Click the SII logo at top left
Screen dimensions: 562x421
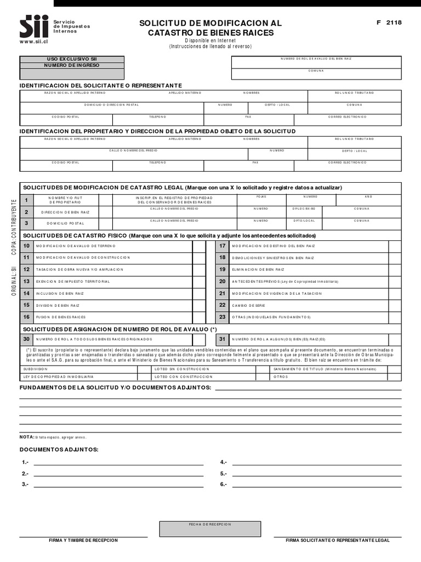coord(34,26)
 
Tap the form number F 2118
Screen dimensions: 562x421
coord(389,23)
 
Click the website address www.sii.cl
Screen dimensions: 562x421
coord(34,42)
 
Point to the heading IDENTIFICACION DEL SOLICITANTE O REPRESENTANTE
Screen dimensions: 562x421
coord(101,86)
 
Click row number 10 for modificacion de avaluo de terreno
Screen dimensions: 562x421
coord(26,246)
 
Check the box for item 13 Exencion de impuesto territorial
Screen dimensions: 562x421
coord(199,282)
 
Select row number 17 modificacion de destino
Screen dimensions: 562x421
coord(223,246)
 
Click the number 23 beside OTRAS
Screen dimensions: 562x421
coord(223,317)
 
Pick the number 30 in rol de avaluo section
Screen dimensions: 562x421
coord(26,339)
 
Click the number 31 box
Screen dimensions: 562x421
coord(223,339)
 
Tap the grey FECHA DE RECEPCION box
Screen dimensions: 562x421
coord(210,529)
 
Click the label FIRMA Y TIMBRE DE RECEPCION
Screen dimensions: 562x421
coord(83,541)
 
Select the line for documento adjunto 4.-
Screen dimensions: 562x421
coord(317,464)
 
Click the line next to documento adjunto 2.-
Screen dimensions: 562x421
coord(118,475)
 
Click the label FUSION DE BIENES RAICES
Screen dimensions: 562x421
coord(61,317)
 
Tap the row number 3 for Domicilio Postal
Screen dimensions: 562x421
coord(26,223)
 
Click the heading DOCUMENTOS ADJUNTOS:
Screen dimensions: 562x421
coord(59,449)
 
